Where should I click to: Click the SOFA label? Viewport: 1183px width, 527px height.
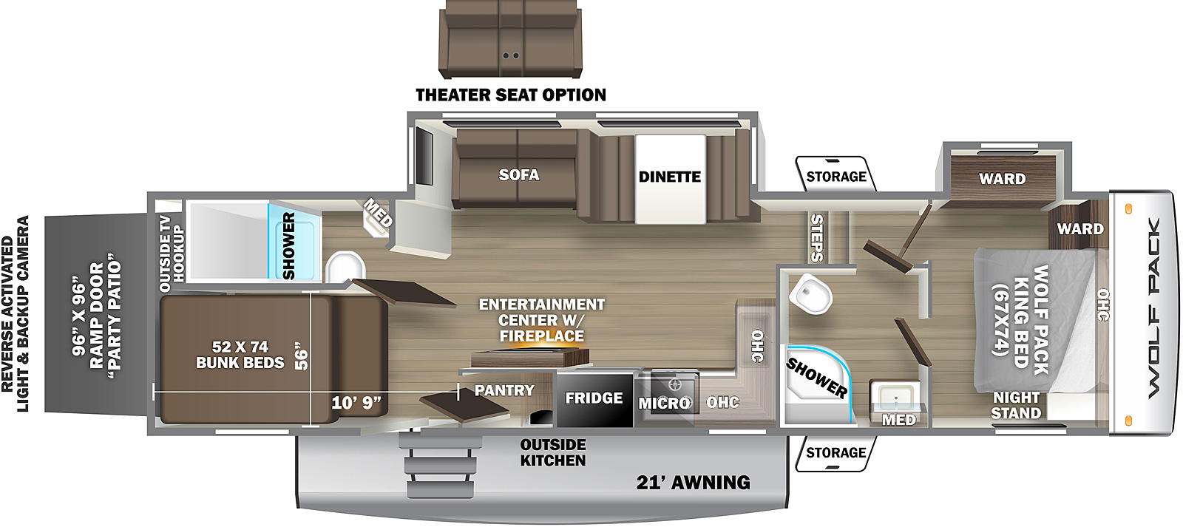[518, 175]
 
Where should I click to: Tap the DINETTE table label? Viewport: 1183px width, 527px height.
[669, 177]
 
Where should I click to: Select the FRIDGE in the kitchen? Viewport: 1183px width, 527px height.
[594, 398]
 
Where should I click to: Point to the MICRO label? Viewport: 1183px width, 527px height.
[664, 403]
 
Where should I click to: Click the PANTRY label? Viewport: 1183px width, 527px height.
[504, 390]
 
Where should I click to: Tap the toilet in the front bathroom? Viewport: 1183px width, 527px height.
[810, 294]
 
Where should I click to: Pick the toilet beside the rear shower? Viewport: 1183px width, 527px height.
[345, 267]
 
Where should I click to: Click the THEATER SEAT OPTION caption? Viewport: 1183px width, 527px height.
[510, 95]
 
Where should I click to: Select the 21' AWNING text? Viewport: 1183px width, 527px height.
[693, 483]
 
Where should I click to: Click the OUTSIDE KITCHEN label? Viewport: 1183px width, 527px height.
[552, 452]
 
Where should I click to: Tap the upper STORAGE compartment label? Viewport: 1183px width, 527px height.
[835, 177]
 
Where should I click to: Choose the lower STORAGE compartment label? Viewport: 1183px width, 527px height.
[835, 452]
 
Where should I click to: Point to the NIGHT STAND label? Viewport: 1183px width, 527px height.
[1016, 405]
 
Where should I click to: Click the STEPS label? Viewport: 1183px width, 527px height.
[816, 237]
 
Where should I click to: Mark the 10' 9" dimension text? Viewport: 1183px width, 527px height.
[356, 403]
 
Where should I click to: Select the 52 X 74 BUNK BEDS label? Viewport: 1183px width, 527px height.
[240, 355]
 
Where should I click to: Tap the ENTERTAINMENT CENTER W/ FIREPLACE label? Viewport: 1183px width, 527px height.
[541, 320]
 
